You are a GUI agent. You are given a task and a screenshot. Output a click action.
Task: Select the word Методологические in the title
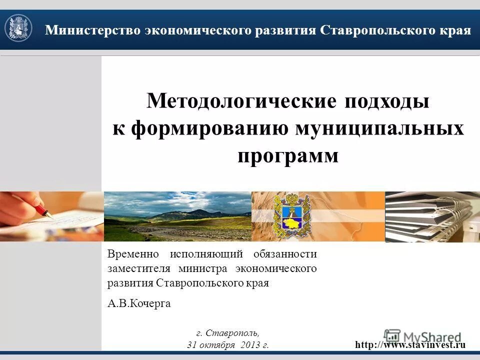click(241, 101)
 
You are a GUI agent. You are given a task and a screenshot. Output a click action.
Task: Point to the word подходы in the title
click(386, 101)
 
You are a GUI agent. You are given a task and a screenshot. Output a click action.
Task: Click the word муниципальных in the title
click(379, 128)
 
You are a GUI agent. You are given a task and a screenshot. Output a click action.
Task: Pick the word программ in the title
click(288, 155)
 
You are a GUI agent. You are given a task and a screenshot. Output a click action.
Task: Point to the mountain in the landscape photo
click(180, 214)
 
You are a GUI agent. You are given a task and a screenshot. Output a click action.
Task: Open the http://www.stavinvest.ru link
click(410, 344)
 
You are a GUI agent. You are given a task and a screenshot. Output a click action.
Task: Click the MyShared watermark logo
click(423, 336)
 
